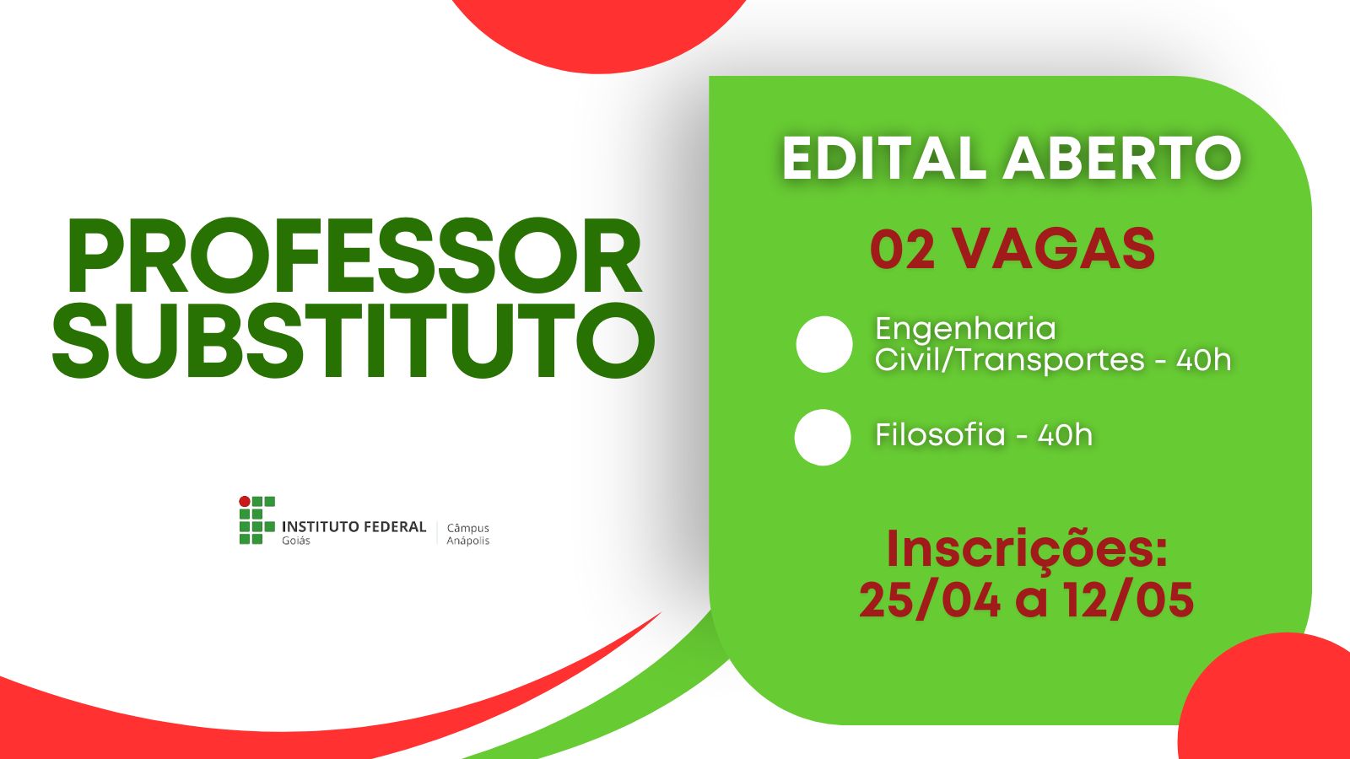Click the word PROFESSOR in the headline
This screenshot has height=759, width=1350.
[x=354, y=256]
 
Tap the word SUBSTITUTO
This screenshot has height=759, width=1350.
[x=354, y=341]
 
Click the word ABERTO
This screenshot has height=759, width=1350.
[x=1121, y=158]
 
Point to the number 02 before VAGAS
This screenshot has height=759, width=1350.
[x=902, y=250]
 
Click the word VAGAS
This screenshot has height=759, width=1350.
[x=1054, y=250]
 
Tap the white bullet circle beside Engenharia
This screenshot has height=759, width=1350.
[x=823, y=344]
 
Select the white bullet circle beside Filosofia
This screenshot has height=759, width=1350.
[x=823, y=438]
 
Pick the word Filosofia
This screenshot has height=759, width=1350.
[x=940, y=434]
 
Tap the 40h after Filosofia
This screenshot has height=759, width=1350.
[x=1065, y=434]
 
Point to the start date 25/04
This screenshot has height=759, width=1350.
[x=930, y=600]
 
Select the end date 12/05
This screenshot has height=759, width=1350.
[x=1127, y=600]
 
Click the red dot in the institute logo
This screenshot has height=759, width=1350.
[x=245, y=501]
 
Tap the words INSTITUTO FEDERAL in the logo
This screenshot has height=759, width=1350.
[x=354, y=527]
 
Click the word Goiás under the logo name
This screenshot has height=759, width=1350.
[x=296, y=541]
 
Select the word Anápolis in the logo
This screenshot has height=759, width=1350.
[x=468, y=541]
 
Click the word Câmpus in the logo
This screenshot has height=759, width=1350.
[x=468, y=528]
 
